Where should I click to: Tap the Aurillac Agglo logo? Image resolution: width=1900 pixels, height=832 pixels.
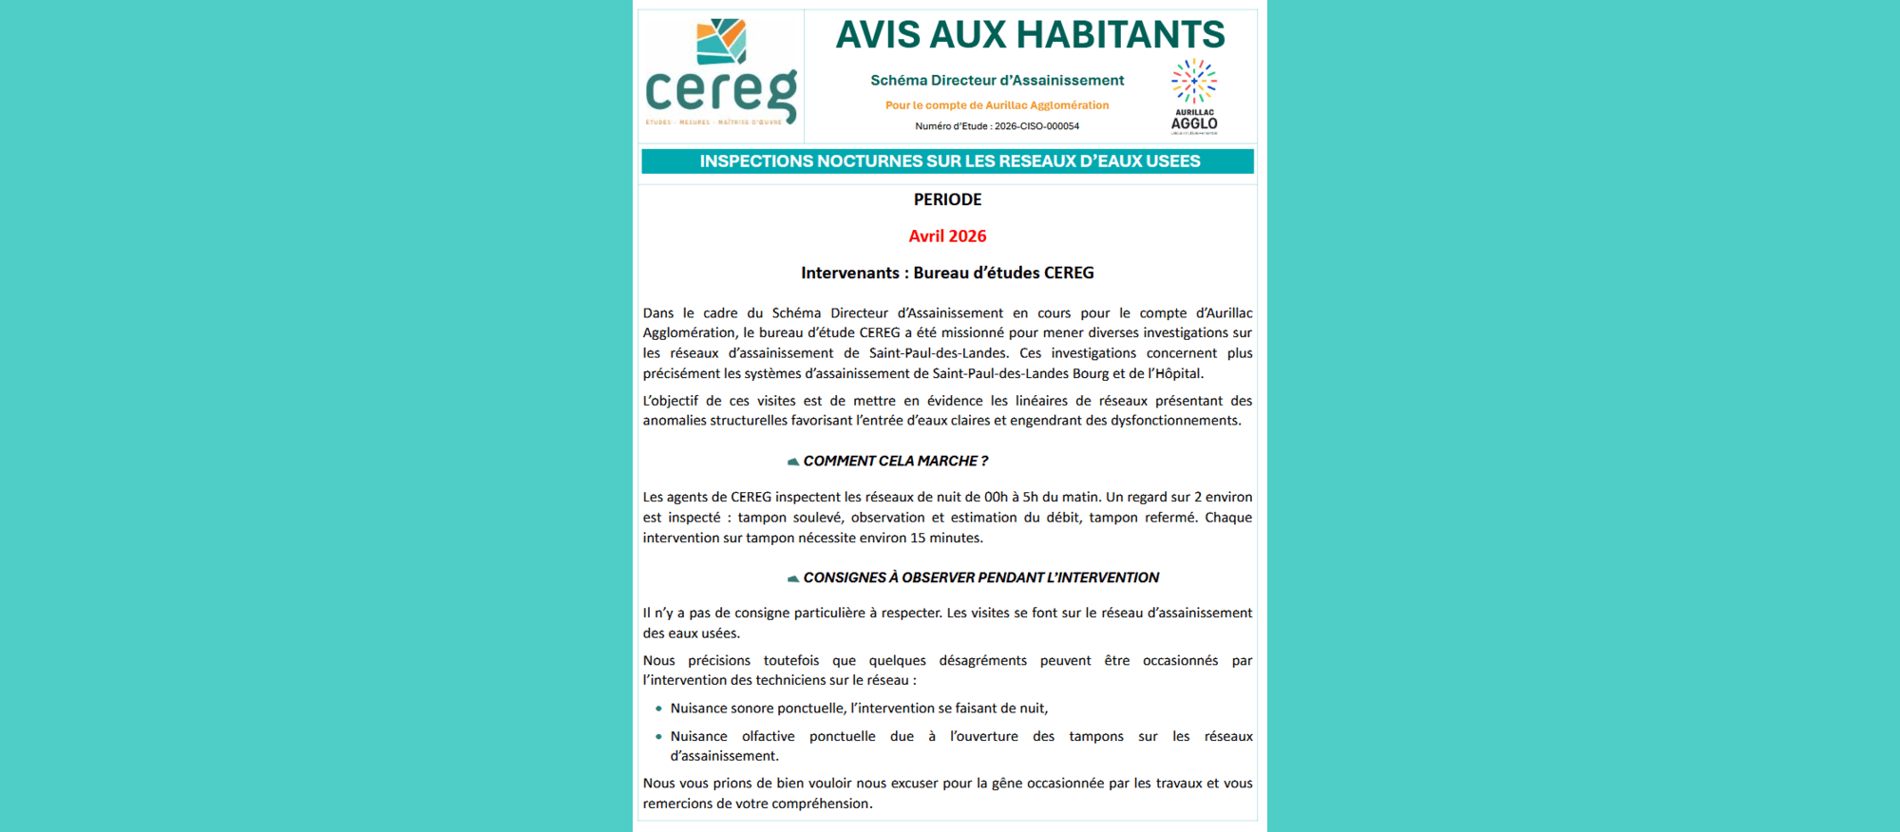1194,95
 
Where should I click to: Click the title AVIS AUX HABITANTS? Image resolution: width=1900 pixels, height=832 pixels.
1030,35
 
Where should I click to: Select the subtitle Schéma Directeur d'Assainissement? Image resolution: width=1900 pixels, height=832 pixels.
997,81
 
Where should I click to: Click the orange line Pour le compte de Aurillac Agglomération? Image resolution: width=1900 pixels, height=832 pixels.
997,105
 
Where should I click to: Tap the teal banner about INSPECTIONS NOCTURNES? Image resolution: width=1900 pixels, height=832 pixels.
948,161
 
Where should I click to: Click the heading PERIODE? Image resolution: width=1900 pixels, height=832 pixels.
947,199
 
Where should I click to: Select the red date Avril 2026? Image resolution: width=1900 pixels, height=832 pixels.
947,236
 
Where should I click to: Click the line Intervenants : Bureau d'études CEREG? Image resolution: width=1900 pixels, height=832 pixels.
947,274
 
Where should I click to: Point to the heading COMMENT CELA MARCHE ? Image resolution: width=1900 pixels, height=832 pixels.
895,462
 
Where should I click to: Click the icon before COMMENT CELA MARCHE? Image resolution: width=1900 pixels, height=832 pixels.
792,462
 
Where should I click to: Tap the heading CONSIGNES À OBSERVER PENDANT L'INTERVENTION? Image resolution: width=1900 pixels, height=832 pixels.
980,577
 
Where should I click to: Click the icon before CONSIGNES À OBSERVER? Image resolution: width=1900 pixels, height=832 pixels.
792,578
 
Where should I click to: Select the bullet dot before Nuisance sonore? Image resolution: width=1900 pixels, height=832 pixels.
658,709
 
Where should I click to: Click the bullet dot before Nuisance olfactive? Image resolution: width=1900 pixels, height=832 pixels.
658,736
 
